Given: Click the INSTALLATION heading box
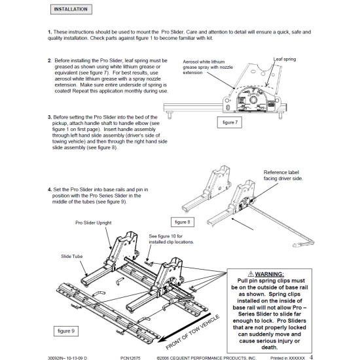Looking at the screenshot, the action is click(71, 9).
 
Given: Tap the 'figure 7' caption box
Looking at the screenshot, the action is click(229, 122).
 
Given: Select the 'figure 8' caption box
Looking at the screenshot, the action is click(183, 222).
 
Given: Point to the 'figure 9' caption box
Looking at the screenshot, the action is click(66, 331).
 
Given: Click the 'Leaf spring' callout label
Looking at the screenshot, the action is click(285, 59).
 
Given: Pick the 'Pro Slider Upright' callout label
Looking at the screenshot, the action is click(93, 223).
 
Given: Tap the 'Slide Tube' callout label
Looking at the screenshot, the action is click(71, 256).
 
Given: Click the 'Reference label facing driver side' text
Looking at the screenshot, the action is click(283, 175).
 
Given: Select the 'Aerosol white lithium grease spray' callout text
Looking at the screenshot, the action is click(207, 67).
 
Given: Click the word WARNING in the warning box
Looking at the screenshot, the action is click(269, 274).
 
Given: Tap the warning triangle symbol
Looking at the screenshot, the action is click(251, 274).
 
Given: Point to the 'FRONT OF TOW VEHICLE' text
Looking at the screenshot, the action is click(192, 333).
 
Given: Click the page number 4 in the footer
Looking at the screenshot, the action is click(311, 357).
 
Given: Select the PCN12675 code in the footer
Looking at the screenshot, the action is click(130, 358).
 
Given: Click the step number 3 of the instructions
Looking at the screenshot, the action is click(50, 117).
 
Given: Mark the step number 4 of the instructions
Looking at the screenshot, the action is click(50, 190).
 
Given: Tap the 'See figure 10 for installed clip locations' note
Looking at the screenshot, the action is click(171, 239).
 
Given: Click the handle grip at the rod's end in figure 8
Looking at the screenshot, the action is click(297, 245).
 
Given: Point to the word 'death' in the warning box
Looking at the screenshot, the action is click(269, 348).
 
